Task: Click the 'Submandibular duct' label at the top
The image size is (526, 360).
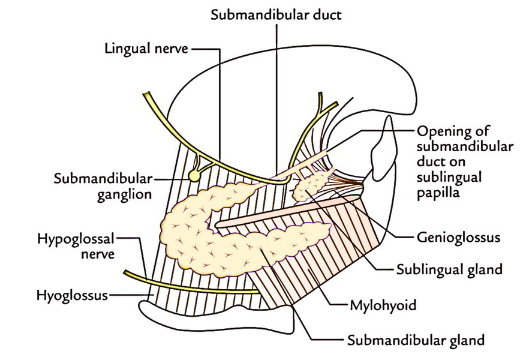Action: click(276, 15)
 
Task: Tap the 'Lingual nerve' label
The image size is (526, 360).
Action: click(146, 49)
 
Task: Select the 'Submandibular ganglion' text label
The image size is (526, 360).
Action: click(103, 187)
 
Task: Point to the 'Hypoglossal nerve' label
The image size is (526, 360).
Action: click(76, 246)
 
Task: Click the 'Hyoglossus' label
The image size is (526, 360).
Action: click(73, 296)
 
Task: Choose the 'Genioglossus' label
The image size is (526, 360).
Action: click(458, 238)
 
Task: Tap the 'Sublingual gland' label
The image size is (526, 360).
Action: click(449, 269)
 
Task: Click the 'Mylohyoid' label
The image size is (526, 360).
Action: click(383, 305)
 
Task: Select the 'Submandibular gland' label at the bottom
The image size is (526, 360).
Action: click(416, 340)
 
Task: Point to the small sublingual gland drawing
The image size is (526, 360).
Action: click(310, 185)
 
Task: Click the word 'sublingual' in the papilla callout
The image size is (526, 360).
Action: click(449, 178)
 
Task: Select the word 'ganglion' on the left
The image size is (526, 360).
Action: click(125, 195)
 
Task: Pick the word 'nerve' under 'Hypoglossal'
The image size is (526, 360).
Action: click(98, 254)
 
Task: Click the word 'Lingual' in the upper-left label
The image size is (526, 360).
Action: click(128, 49)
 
